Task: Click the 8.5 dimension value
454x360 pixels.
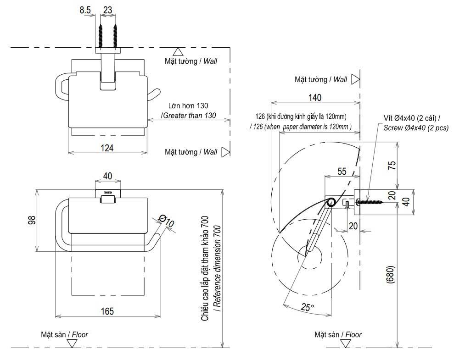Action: (x=85, y=10)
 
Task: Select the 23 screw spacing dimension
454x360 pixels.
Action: (x=107, y=10)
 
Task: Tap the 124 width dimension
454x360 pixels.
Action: (x=107, y=148)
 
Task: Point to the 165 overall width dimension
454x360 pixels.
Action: (x=107, y=311)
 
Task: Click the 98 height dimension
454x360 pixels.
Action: (x=32, y=220)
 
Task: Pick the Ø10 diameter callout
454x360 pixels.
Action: (x=167, y=221)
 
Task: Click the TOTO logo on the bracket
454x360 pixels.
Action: (x=108, y=192)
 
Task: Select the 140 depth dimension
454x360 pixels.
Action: (x=315, y=97)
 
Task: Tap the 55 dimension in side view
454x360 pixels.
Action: (x=342, y=171)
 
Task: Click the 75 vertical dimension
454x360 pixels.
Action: (x=392, y=165)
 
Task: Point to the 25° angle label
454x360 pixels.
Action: (x=307, y=307)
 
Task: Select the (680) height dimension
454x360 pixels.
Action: (x=391, y=274)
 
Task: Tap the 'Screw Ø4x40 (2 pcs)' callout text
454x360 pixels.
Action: (x=416, y=127)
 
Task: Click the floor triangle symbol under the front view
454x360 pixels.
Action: (x=72, y=343)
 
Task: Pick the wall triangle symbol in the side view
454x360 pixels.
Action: (x=356, y=79)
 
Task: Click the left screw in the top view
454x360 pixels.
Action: (x=101, y=36)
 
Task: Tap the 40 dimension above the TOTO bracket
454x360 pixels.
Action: (x=107, y=176)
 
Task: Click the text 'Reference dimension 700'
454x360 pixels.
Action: (x=218, y=268)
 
